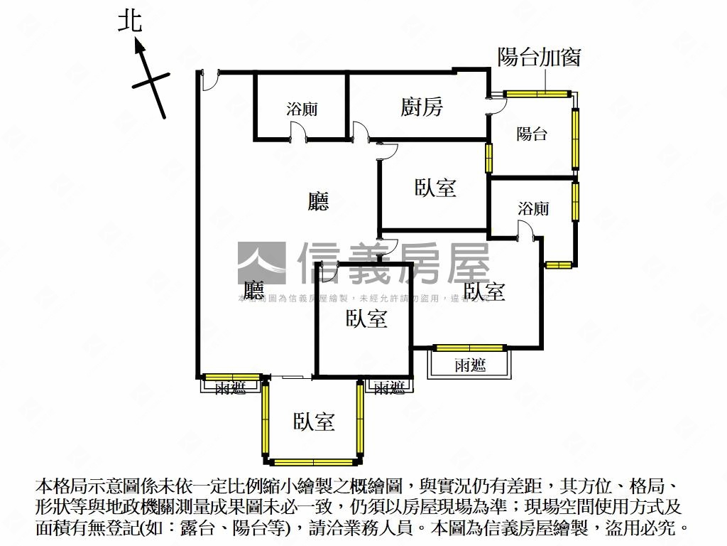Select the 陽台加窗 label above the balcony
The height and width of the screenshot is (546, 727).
539,57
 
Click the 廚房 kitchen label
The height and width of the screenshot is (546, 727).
422,107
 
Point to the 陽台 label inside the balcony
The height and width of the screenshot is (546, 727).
532,133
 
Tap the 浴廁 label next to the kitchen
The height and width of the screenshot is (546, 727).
302,109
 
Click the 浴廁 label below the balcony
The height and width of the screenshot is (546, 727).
533,209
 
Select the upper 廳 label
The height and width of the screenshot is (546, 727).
319,203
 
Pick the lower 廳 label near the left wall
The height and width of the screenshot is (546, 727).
253,290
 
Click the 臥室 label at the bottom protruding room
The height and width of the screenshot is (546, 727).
315,422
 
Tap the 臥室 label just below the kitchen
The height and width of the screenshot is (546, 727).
435,188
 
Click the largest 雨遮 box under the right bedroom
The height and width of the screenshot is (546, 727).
470,365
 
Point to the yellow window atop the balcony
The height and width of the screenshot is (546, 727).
537,93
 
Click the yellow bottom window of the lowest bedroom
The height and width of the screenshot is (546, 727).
313,461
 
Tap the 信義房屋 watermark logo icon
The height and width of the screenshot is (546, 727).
261,263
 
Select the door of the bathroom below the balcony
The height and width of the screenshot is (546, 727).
526,231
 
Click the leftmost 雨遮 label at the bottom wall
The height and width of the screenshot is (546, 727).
231,388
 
